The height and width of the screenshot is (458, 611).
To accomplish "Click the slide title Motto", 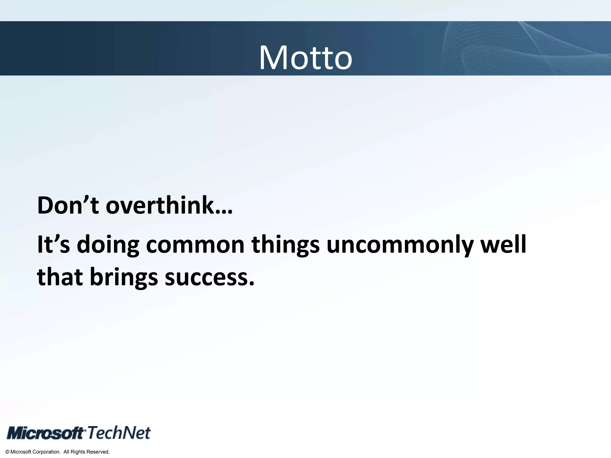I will pos(305,58).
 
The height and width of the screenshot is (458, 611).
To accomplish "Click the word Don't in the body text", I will pos(68,205).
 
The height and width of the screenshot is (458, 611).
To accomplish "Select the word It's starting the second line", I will pos(53,244).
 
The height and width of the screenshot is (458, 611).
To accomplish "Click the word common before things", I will pos(195,244).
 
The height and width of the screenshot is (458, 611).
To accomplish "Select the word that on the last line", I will pos(60,277).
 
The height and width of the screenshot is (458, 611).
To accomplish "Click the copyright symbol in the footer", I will pos(7,452).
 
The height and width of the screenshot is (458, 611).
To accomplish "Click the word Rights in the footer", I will pos(78,452).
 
